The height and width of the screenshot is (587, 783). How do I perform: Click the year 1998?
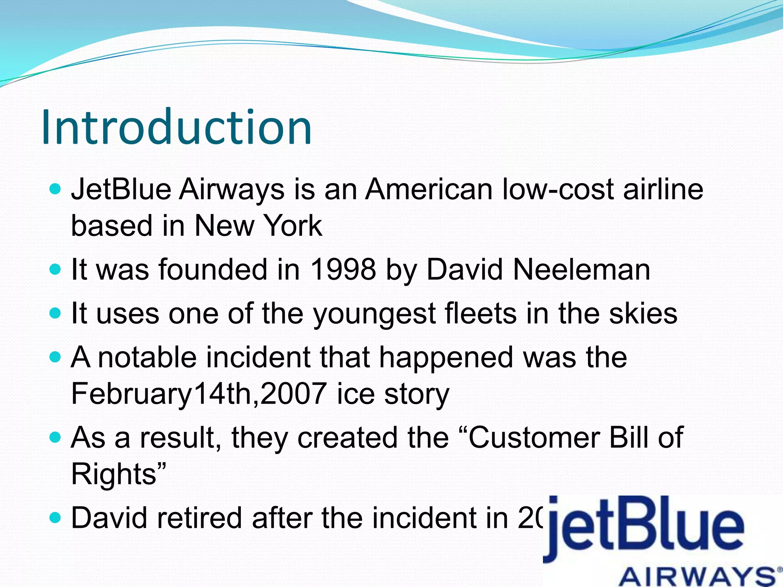pyautogui.click(x=343, y=269)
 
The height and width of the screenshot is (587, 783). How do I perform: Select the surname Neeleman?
pyautogui.click(x=581, y=269)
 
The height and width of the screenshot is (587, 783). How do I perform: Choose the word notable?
pyautogui.click(x=147, y=357)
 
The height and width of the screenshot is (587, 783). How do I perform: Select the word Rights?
pyautogui.click(x=114, y=474)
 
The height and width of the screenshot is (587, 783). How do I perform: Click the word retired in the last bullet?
pyautogui.click(x=199, y=518)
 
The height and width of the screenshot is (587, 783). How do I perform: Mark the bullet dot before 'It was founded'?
pyautogui.click(x=55, y=270)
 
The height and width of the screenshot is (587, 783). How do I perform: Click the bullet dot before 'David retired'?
pyautogui.click(x=55, y=518)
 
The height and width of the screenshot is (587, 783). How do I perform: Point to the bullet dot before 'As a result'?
pyautogui.click(x=55, y=438)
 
